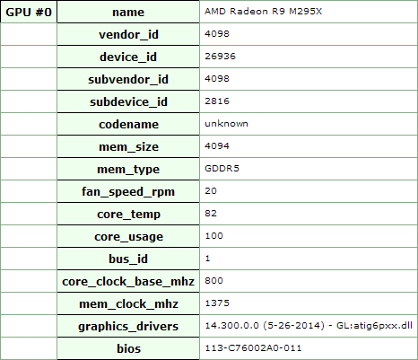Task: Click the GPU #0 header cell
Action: [x=29, y=13]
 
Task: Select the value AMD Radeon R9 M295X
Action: [x=264, y=12]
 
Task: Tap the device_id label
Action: [x=128, y=57]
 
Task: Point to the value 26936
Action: [x=221, y=57]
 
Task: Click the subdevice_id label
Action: [x=128, y=101]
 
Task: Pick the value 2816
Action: [x=217, y=101]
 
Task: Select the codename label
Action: [x=128, y=124]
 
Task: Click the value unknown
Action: [x=226, y=124]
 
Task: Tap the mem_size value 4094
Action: [x=217, y=146]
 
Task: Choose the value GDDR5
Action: [x=222, y=169]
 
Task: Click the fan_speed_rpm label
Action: [x=128, y=191]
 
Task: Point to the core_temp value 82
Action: [x=211, y=214]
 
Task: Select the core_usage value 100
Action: [x=214, y=236]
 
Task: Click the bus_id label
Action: [x=128, y=259]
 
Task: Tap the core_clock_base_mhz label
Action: [x=128, y=281]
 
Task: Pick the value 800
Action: [x=214, y=281]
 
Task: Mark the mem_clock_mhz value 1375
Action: [x=217, y=303]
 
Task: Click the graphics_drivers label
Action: [x=128, y=326]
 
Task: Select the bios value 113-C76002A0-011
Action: [x=254, y=348]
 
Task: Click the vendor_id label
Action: [x=128, y=34]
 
